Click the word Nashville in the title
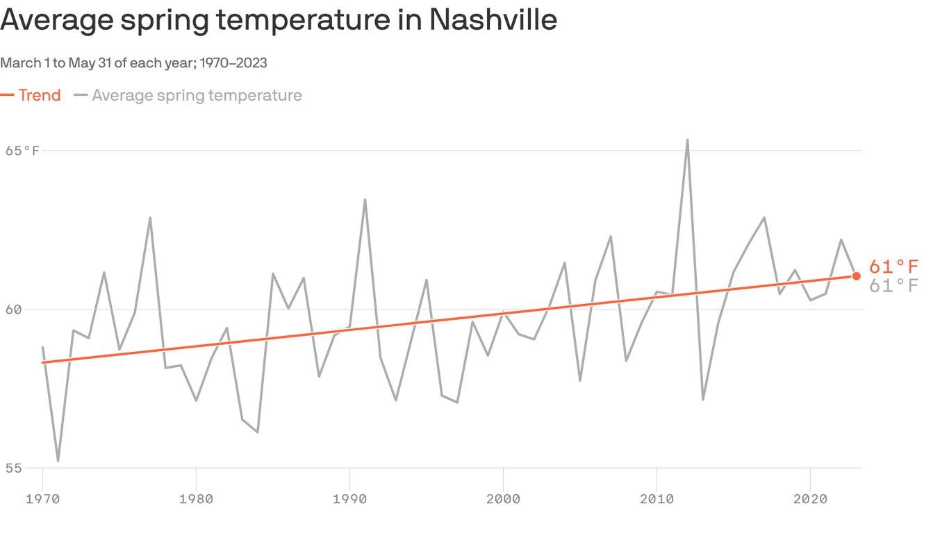coord(493,19)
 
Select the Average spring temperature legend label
coord(197,95)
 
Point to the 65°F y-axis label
coord(22,151)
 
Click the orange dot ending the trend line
coord(856,276)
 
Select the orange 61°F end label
coord(893,267)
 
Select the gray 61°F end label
coord(893,285)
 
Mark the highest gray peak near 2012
coord(687,140)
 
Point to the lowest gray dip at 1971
coord(58,460)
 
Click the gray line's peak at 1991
coord(365,200)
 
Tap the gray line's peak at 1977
coord(150,218)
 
